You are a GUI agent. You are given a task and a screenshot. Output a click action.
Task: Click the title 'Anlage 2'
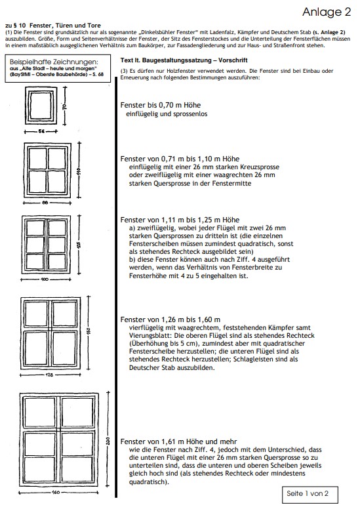[327, 12]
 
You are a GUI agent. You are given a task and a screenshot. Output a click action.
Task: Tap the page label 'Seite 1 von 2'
[308, 493]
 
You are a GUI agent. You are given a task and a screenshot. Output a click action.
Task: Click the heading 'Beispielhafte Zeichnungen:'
[54, 62]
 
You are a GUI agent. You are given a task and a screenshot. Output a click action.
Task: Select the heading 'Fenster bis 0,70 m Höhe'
[160, 105]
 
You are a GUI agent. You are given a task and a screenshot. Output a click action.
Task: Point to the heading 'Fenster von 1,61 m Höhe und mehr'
[178, 441]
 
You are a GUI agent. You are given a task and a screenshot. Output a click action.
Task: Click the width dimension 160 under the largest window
[56, 492]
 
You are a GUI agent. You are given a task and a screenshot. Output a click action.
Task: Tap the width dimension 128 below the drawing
[49, 375]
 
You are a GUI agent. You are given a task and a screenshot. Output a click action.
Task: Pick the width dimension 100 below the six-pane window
[45, 279]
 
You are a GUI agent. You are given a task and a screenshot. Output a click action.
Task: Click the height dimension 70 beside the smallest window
[65, 106]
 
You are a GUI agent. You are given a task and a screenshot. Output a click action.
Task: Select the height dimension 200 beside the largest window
[108, 441]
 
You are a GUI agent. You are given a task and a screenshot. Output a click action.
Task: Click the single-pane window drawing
[41, 106]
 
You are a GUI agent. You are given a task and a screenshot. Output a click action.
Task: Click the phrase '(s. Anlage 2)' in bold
[329, 32]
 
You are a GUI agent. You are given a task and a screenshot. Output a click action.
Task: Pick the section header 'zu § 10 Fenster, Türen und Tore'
[53, 25]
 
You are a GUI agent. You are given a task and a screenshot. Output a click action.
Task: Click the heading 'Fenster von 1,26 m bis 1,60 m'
[170, 319]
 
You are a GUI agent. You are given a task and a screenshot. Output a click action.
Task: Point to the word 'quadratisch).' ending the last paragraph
[149, 481]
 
